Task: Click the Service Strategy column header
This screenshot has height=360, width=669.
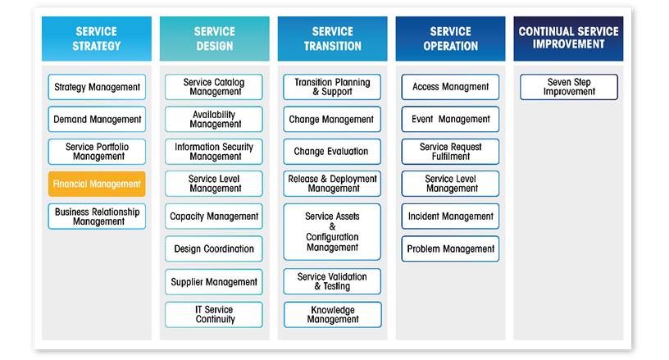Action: point(97,39)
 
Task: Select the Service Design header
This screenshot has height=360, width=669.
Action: point(214,39)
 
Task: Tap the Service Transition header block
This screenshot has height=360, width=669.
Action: point(332,39)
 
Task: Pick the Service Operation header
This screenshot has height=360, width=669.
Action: point(450,39)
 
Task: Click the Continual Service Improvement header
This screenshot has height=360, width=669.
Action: point(568,38)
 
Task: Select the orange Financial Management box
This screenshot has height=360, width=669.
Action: point(97,184)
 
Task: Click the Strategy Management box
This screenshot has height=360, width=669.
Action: point(97,87)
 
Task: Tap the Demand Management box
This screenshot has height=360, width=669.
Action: point(97,119)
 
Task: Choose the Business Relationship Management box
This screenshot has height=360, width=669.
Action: point(97,216)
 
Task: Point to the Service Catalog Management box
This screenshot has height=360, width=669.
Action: point(214,87)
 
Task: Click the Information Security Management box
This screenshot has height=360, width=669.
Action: point(214,152)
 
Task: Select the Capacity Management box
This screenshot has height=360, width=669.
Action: point(214,216)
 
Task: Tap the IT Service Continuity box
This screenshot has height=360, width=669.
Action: point(214,314)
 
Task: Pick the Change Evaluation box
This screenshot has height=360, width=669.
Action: point(332,152)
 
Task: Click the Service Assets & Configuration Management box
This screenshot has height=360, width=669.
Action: point(332,232)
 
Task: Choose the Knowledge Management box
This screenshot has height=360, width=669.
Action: point(332,314)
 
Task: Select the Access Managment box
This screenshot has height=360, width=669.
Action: point(450,87)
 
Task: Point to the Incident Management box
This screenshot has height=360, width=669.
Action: point(450,216)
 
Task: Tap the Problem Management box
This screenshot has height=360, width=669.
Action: point(450,248)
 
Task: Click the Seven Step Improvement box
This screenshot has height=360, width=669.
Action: point(568,87)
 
